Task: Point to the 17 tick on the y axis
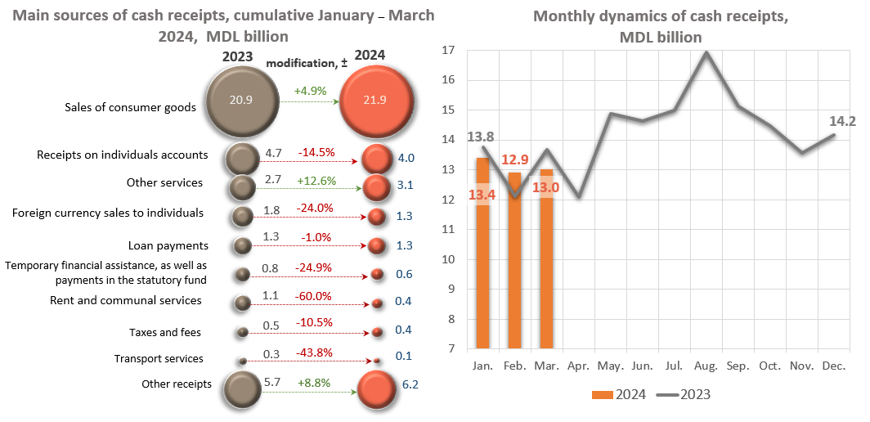coord(447,51)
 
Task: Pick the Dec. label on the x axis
coord(834,365)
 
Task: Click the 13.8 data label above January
coord(481,136)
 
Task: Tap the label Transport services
coord(159,358)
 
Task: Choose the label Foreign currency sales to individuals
coord(108,213)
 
